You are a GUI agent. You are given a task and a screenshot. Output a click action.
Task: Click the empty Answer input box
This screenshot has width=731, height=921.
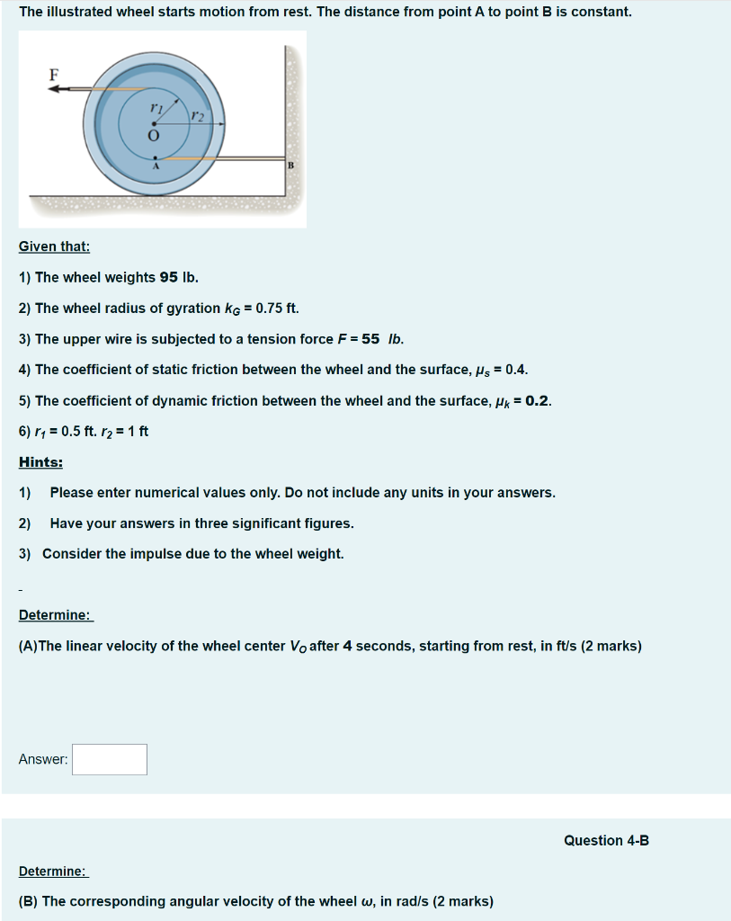coord(110,759)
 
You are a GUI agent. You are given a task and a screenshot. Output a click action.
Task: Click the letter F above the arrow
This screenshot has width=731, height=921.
coord(53,76)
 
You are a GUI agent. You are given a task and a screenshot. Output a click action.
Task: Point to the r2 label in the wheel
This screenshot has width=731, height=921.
coord(198,117)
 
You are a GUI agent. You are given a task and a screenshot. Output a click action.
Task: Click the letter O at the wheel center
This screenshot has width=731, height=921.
coord(153,136)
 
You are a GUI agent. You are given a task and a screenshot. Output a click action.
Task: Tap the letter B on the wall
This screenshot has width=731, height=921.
coord(290,165)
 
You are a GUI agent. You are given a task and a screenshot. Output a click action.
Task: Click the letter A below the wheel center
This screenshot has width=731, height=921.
coord(155,167)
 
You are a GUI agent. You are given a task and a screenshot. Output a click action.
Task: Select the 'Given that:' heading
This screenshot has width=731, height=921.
coord(54,246)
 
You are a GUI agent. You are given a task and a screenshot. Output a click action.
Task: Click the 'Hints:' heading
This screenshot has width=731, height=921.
coord(40,461)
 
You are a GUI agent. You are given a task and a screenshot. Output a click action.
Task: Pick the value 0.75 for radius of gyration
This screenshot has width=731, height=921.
coord(271,308)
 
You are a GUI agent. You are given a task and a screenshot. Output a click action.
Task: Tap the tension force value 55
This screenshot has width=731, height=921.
coord(370,339)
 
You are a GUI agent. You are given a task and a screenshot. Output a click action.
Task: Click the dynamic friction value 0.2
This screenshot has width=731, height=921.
coord(537,400)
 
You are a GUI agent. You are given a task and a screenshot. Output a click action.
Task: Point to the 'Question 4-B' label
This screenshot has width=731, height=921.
coord(606,840)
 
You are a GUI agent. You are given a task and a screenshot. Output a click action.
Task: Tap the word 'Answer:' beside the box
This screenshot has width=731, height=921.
coord(43,759)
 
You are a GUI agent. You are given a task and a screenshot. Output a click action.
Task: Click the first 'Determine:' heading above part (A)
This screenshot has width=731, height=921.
coord(55,615)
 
